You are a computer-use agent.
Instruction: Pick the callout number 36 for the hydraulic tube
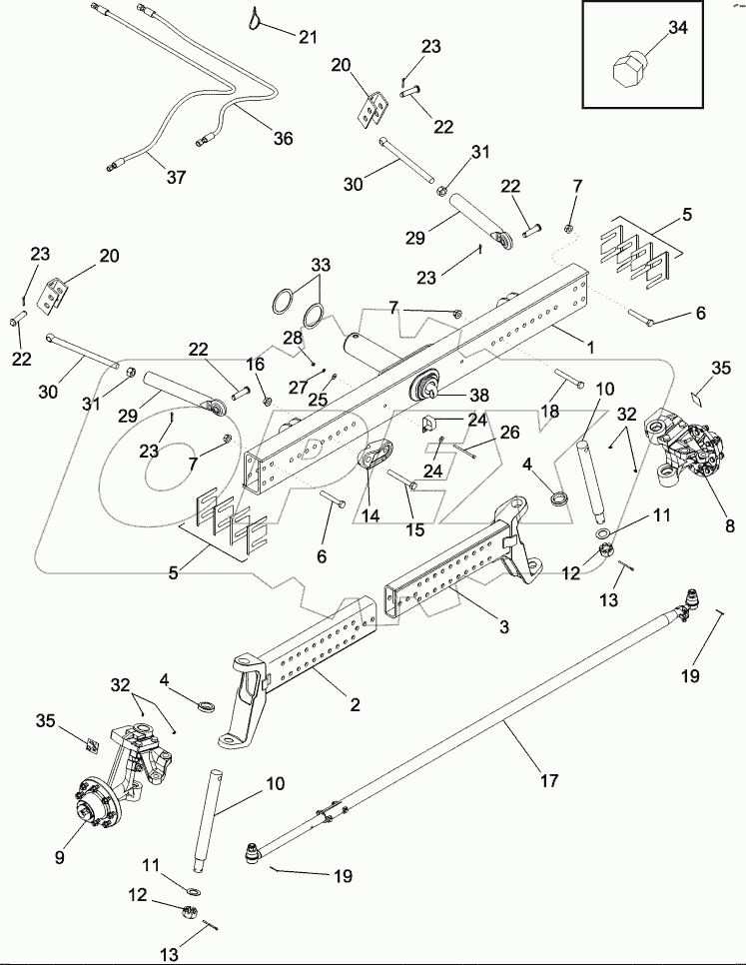tap(284, 138)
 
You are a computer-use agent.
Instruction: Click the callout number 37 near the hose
tap(176, 178)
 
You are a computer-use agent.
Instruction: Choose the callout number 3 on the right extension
tap(504, 627)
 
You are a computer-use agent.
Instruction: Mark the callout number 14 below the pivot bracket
tap(370, 516)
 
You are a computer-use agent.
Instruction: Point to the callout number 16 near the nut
tap(256, 365)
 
